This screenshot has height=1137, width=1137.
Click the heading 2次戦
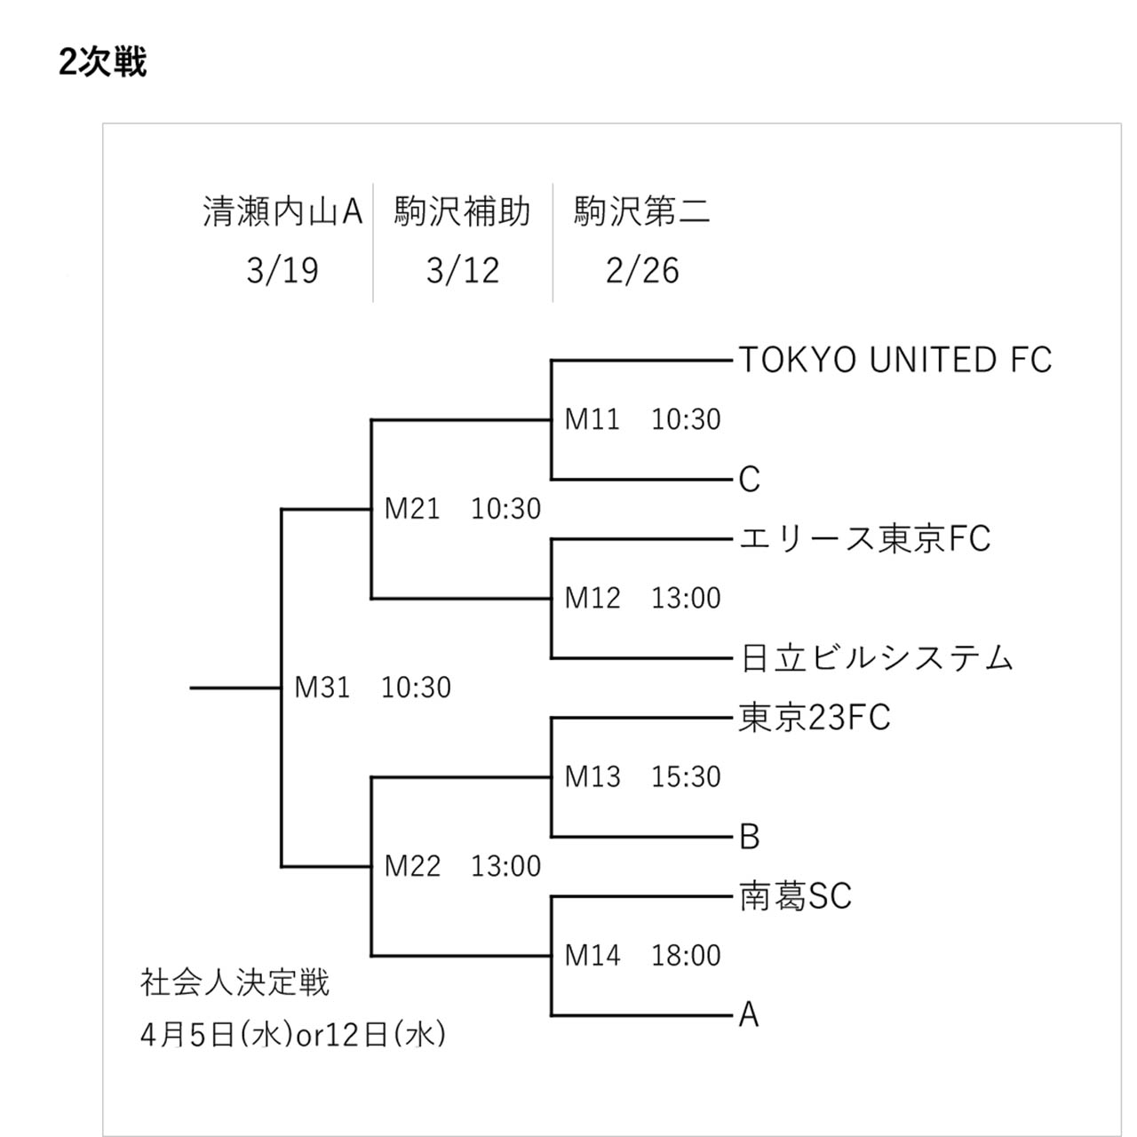[102, 62]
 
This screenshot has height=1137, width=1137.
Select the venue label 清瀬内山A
[282, 211]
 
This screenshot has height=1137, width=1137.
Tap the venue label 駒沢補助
[463, 211]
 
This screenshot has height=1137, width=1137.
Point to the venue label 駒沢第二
[642, 211]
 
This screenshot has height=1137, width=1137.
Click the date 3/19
[282, 271]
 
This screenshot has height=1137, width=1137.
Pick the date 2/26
[642, 271]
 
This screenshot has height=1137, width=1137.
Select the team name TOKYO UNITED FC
[895, 360]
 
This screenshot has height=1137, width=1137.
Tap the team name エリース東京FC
[865, 538]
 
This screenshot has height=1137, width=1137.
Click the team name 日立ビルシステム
[877, 658]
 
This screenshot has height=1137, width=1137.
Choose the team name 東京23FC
[815, 718]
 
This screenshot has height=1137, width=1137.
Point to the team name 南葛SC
[796, 896]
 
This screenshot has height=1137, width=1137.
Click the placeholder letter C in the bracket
[750, 479]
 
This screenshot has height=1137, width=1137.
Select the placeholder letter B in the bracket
[750, 837]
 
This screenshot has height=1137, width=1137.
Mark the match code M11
[592, 419]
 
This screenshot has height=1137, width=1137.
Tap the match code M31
[322, 688]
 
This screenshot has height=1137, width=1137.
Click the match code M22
[412, 866]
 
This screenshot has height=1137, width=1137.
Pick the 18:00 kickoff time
[687, 955]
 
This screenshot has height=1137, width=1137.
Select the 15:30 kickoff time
[687, 776]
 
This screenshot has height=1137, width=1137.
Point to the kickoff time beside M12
[687, 598]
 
